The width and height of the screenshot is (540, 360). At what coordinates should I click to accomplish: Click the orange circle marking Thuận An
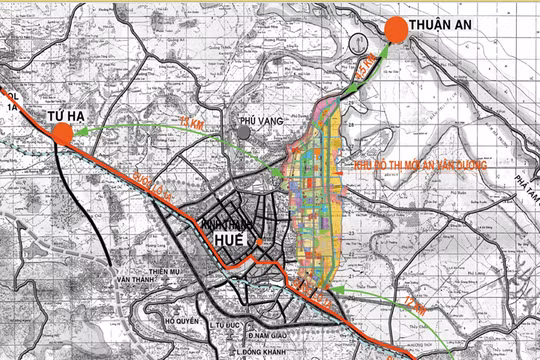[x=395, y=30]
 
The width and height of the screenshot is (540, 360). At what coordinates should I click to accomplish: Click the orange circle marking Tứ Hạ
[x=63, y=140]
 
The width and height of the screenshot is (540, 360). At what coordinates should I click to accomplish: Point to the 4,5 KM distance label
[x=367, y=71]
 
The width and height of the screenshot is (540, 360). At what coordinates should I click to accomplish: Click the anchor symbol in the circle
[x=358, y=41]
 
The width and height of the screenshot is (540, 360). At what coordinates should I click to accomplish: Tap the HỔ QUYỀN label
[x=180, y=321]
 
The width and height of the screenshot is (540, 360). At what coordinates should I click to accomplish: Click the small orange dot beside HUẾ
[x=258, y=242]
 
